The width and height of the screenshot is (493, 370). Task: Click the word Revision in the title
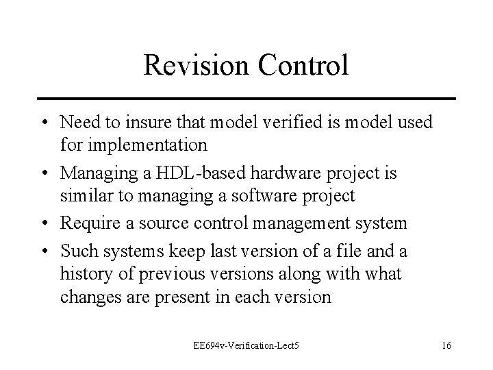point(199,65)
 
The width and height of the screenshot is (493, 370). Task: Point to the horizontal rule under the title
point(246,99)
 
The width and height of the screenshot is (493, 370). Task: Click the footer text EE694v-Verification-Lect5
point(247,345)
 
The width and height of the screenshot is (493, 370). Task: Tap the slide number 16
point(446,345)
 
